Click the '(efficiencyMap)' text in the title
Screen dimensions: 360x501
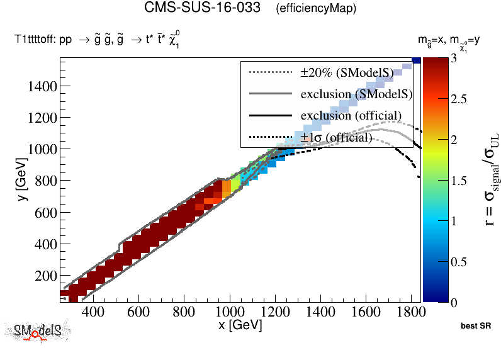click(316, 9)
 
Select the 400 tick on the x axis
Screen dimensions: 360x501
click(93, 313)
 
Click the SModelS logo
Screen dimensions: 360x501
click(38, 332)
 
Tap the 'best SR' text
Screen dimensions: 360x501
click(475, 327)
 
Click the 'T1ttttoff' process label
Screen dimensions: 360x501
click(35, 40)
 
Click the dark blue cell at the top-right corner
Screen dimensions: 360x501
click(416, 60)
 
